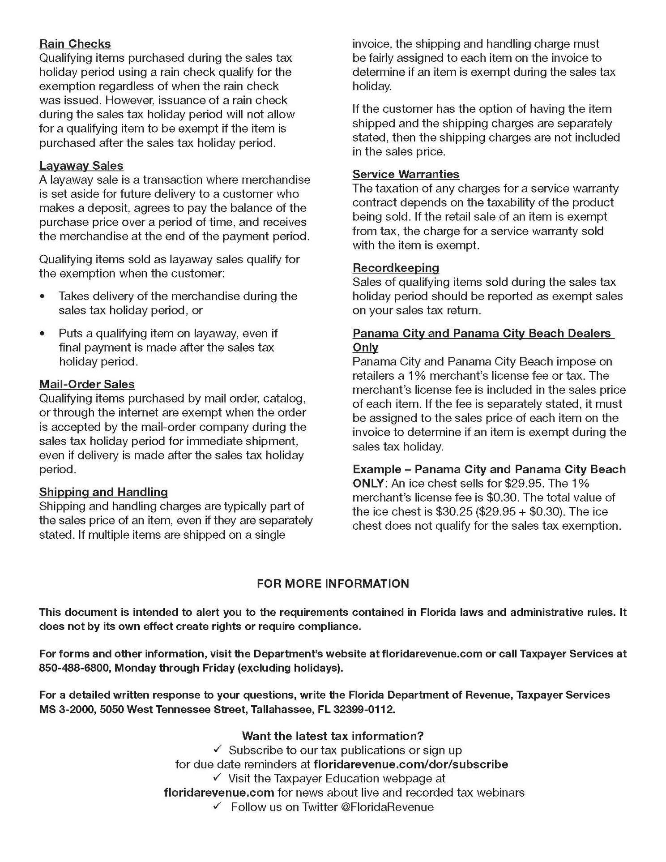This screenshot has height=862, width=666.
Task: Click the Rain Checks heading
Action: point(75,44)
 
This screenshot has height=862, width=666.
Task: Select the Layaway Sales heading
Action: point(81,166)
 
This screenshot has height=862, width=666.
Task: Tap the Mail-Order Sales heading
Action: point(87,384)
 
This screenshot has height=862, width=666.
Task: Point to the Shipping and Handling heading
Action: point(103,492)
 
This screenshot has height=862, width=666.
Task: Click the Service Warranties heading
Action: point(406,174)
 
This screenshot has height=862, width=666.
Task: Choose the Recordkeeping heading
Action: point(396,268)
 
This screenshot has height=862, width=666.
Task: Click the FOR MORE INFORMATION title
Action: point(333,583)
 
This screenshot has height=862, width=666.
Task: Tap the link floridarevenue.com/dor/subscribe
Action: point(411,764)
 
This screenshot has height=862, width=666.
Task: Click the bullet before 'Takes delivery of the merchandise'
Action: point(43,296)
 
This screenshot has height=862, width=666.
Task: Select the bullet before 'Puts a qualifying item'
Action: point(43,334)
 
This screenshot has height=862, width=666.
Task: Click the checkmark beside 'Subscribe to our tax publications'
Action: point(218,750)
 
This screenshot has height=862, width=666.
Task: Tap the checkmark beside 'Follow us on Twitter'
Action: point(218,806)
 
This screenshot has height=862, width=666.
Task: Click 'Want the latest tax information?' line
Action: point(333,736)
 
